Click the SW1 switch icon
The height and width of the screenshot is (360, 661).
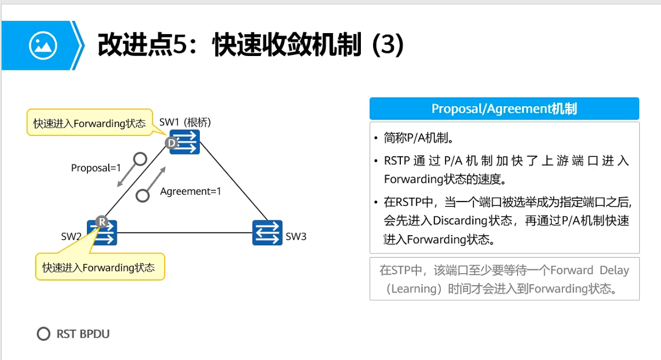185,142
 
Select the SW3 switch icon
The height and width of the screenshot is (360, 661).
267,233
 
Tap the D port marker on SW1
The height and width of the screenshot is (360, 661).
171,143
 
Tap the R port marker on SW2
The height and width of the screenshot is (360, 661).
101,221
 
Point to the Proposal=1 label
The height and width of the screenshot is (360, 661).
96,168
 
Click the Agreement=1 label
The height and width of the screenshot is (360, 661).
190,191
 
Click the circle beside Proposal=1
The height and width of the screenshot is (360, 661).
140,158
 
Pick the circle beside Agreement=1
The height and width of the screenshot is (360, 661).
142,196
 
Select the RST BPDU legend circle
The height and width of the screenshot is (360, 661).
43,334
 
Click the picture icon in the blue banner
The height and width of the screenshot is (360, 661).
43,46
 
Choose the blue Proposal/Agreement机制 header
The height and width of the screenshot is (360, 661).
504,109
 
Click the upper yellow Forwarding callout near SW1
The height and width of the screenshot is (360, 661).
89,123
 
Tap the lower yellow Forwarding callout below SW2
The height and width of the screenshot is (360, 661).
100,267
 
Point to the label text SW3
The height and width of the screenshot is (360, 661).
296,236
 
